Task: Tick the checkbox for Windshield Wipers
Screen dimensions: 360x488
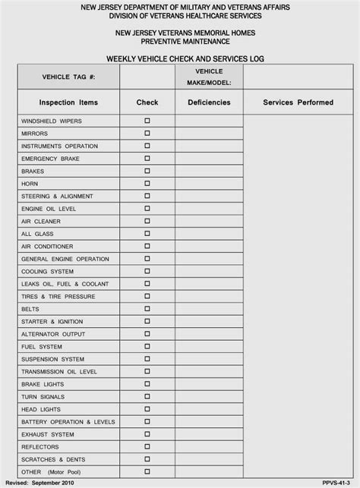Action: [147, 121]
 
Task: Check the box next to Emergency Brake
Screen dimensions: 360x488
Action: [147, 158]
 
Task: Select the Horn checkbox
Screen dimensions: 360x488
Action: [147, 183]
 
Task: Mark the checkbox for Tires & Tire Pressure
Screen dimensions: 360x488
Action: [147, 296]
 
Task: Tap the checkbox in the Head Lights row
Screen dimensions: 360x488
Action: [147, 409]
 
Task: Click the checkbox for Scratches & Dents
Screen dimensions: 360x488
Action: [147, 459]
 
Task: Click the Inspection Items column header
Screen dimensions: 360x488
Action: [68, 102]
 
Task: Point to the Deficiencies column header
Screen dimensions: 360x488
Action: [209, 102]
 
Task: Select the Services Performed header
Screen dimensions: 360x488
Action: [298, 102]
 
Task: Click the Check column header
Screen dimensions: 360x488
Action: [147, 102]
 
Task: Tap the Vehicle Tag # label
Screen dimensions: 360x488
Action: [68, 77]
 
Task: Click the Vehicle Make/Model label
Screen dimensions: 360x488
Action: [209, 77]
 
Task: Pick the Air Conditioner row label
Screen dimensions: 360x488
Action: [47, 246]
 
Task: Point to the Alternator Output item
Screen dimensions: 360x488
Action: [53, 334]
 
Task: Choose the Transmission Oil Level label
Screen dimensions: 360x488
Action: [59, 371]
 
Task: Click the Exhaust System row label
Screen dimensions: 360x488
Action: [48, 434]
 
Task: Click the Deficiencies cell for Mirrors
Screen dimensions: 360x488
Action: [209, 133]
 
